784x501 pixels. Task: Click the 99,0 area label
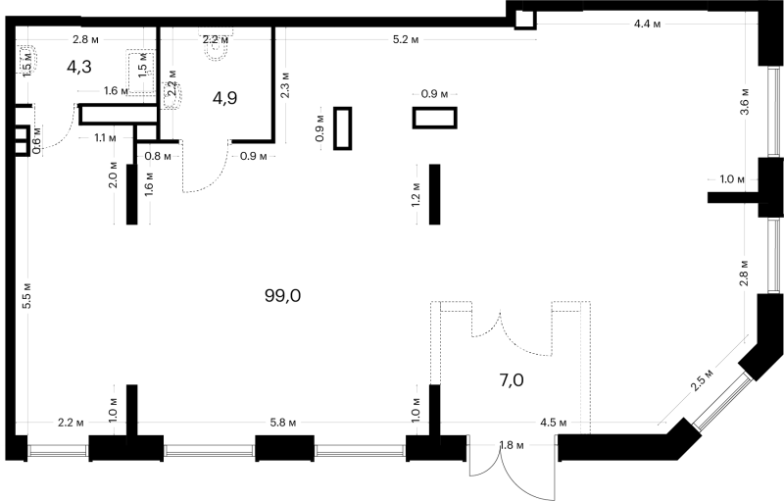click(282, 296)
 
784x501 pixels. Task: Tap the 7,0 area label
click(512, 380)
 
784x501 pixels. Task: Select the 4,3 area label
click(79, 67)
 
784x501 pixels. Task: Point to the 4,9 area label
click(224, 98)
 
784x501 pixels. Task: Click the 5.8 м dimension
click(283, 423)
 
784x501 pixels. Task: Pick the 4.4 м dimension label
click(647, 24)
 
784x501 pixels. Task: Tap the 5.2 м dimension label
click(406, 39)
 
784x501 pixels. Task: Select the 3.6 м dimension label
click(745, 102)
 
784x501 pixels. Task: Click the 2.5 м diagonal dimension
click(702, 380)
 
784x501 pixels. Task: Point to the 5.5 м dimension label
click(27, 295)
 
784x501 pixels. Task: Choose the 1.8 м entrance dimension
click(512, 444)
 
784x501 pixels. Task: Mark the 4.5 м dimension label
click(554, 423)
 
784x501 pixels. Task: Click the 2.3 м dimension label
click(285, 85)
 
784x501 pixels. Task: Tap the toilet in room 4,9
click(217, 47)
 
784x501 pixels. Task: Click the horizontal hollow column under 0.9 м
click(434, 118)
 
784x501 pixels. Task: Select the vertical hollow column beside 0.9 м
click(342, 128)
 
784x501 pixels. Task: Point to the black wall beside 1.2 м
click(434, 194)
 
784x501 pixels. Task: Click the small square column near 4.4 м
click(525, 20)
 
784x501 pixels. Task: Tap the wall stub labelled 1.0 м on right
click(733, 197)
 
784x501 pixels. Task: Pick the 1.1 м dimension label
click(105, 137)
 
